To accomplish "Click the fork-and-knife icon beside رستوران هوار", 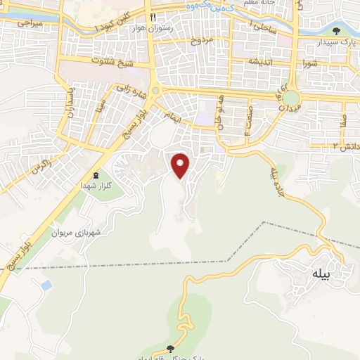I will pos(150,17).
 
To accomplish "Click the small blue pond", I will pos(46,285).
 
